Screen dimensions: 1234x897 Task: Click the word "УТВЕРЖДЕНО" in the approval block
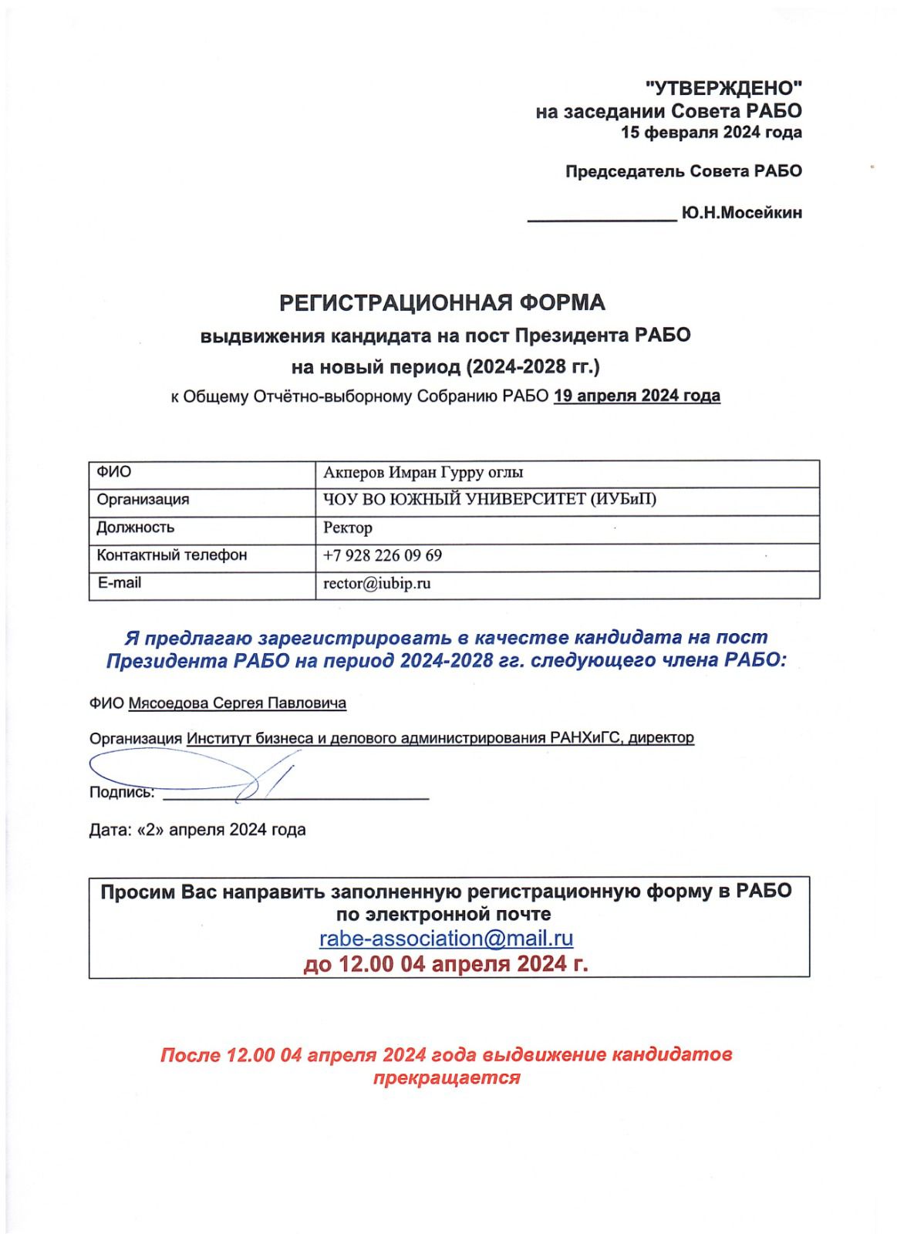(723, 88)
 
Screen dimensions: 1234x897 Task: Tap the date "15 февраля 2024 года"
(711, 133)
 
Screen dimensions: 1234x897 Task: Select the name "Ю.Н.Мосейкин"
(741, 213)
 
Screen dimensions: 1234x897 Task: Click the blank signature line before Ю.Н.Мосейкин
(602, 219)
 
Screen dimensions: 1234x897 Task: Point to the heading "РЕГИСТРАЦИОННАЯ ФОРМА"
(442, 303)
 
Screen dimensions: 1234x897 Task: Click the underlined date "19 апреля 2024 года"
(637, 396)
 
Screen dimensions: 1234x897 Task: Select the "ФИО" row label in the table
(114, 472)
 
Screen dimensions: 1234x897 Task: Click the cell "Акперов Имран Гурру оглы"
(423, 473)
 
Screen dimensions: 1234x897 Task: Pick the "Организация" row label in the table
(143, 500)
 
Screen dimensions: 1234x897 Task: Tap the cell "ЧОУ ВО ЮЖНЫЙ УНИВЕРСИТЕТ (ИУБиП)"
(490, 500)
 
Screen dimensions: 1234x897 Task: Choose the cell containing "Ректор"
(348, 528)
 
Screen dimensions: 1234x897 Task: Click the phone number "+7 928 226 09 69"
(383, 555)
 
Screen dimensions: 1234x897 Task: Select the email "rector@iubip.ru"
(377, 583)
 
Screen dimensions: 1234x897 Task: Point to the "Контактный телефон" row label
(172, 555)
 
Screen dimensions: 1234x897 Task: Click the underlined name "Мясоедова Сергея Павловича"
(238, 703)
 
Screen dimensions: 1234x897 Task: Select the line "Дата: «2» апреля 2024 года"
(197, 830)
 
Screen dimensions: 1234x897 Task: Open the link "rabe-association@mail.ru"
(447, 939)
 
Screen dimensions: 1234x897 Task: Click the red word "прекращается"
(447, 1077)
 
